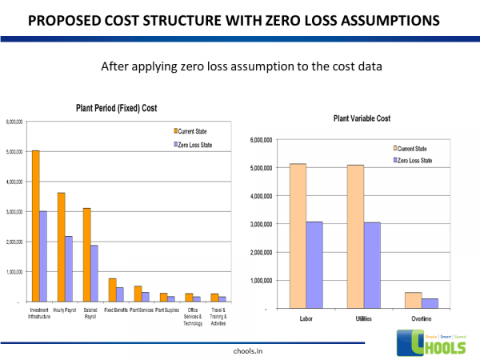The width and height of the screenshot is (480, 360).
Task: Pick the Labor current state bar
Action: [x=297, y=236]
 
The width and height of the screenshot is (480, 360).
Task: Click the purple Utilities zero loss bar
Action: [x=374, y=265]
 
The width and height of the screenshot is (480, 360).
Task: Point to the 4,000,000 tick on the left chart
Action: [x=15, y=182]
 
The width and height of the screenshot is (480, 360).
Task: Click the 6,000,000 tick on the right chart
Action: [x=260, y=140]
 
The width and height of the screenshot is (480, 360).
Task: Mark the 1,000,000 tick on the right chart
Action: [x=260, y=281]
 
